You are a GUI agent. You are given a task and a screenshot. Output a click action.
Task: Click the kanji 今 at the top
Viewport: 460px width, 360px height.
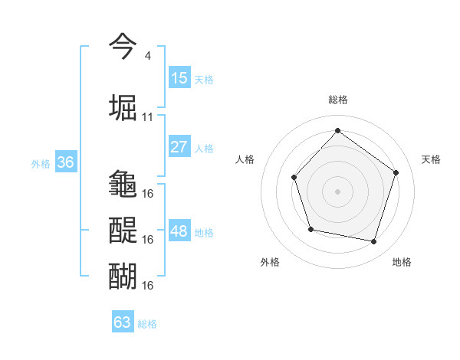tap(123, 47)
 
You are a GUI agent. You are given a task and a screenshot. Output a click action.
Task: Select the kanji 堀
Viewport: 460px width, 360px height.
tap(123, 106)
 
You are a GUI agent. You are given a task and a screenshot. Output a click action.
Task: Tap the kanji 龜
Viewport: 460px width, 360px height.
tap(123, 184)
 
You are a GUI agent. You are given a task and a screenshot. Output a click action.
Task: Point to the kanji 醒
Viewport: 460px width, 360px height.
tap(123, 229)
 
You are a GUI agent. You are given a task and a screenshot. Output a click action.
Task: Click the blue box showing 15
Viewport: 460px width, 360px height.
tap(179, 78)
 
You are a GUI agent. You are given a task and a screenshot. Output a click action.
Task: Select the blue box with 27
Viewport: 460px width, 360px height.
tap(179, 147)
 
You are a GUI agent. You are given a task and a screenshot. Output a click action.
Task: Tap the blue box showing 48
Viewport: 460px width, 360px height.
tap(179, 231)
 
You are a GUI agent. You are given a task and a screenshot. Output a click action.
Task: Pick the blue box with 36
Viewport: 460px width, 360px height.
tap(65, 162)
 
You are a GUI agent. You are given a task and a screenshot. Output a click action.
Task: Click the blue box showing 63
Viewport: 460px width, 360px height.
tap(123, 322)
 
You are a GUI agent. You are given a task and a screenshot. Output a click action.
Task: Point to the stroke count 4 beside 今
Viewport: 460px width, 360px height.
tap(147, 56)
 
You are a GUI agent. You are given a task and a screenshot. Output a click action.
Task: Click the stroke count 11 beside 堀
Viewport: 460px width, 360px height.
tap(148, 117)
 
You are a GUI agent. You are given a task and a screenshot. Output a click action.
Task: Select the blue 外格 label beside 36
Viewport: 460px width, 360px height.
tap(41, 164)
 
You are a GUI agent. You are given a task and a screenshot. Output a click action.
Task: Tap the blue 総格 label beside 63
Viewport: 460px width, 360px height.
tap(147, 324)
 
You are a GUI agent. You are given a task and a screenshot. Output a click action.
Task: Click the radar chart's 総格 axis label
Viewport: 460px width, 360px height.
tap(338, 100)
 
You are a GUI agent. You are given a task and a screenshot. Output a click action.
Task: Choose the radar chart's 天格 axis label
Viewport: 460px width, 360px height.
tap(431, 159)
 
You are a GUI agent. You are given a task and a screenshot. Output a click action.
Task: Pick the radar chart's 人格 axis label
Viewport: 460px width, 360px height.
tap(245, 159)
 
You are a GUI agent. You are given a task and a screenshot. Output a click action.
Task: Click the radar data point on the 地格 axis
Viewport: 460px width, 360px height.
tap(374, 242)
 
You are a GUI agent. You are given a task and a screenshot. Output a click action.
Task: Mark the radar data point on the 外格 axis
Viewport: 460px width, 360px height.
tap(310, 229)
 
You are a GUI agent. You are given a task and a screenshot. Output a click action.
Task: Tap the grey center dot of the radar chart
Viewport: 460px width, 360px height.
tap(337, 191)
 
